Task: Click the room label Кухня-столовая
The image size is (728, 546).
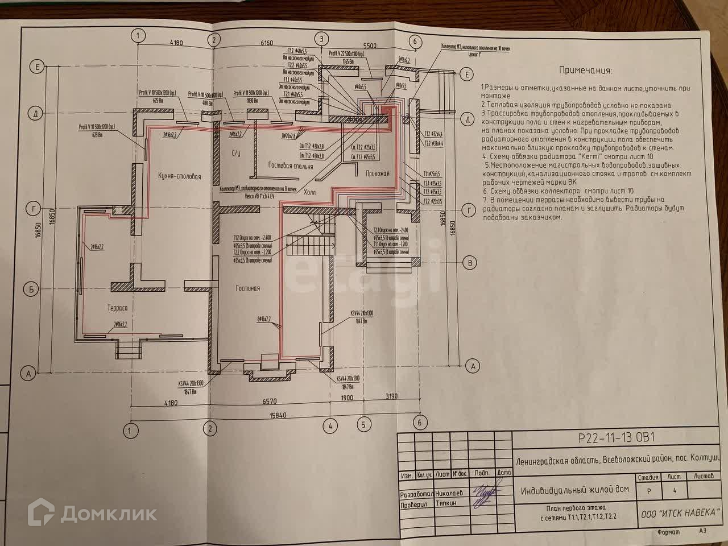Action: (179, 176)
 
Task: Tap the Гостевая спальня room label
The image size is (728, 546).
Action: (290, 167)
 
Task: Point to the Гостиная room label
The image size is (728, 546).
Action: (248, 288)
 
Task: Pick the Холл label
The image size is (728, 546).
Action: (310, 192)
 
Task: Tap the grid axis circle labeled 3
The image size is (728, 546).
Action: (321, 39)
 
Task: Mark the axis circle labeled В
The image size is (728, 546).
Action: (470, 263)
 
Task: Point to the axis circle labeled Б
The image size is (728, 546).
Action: (33, 289)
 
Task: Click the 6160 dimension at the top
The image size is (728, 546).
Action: (266, 43)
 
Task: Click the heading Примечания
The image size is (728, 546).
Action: (585, 71)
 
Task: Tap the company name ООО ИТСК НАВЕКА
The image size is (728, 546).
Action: (681, 513)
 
